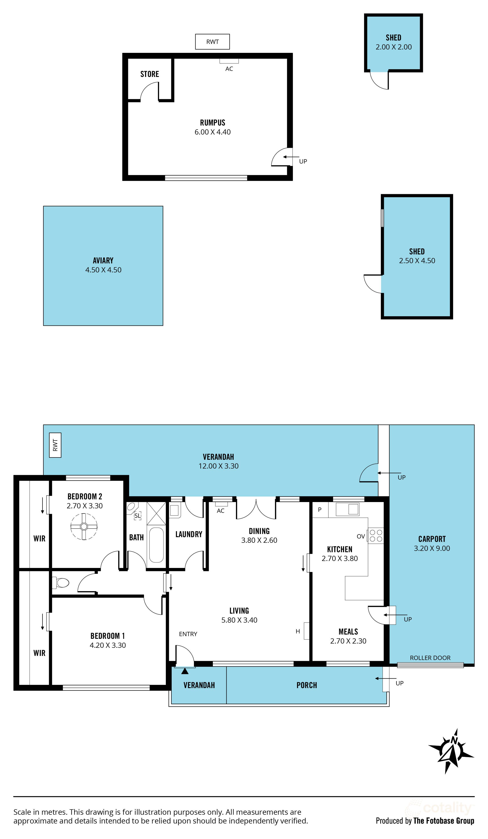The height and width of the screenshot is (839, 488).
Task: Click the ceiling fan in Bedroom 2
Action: [84, 526]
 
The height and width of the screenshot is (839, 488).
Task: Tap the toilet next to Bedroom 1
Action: [61, 583]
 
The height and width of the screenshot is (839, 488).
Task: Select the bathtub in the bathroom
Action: [156, 545]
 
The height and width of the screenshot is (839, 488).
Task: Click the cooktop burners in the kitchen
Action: [376, 536]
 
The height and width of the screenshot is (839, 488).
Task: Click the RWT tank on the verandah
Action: [55, 445]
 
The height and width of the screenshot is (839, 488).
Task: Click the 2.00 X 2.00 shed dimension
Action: [394, 47]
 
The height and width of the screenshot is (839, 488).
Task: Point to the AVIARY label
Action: [103, 260]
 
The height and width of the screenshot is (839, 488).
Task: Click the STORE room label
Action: [150, 74]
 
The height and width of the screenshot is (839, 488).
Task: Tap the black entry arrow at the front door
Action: [185, 671]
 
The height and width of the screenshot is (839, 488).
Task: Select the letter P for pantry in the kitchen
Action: [320, 509]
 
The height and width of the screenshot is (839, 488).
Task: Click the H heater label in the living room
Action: [298, 631]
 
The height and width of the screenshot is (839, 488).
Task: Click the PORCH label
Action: [307, 685]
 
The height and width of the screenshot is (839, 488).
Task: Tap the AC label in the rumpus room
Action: [229, 69]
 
